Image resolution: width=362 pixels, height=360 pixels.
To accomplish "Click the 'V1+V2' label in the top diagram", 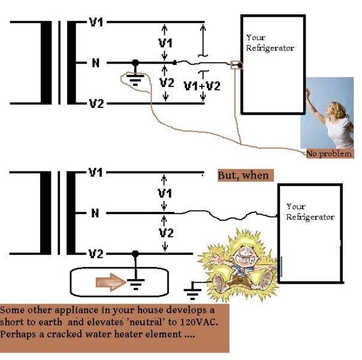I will [x=201, y=85].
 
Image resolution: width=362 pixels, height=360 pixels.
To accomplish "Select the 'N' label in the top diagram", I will [x=94, y=62].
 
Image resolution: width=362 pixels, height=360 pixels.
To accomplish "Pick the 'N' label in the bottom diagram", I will [x=94, y=212].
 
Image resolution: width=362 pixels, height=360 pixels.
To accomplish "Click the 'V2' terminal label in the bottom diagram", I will [x=96, y=253].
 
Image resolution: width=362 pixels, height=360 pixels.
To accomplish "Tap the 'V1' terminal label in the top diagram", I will [x=96, y=22].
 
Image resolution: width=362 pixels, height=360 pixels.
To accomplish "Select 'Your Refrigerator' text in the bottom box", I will [x=309, y=211].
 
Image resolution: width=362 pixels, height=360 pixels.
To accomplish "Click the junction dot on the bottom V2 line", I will [x=137, y=253].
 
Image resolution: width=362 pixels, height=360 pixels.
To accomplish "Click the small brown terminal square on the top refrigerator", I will [x=236, y=64].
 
